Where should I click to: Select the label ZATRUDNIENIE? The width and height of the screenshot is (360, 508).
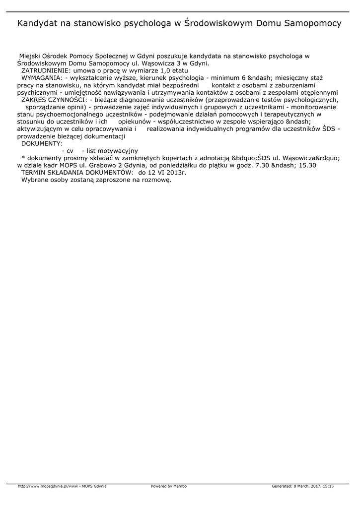46,71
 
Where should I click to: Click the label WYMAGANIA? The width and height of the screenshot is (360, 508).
42,78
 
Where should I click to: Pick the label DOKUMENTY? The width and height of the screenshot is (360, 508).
42,143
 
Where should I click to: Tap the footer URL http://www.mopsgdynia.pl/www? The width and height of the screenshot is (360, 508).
48,486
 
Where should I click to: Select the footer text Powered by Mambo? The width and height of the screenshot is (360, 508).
169,486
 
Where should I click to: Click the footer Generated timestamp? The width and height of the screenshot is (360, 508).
302,486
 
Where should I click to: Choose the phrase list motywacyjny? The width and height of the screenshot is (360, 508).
113,151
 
